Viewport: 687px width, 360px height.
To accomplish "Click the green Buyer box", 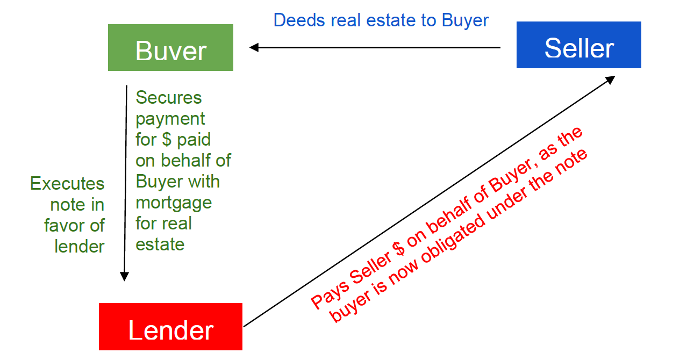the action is [x=170, y=47].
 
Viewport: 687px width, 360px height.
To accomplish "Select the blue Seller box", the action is [x=578, y=45].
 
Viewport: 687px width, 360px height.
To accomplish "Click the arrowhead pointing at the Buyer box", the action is [x=254, y=47].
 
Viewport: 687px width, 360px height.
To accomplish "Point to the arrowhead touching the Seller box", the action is [x=610, y=79].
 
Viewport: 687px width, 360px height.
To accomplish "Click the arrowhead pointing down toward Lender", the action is [x=124, y=276].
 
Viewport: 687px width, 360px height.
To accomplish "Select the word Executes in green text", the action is [x=67, y=184].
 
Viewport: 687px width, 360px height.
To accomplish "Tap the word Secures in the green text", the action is [x=169, y=98].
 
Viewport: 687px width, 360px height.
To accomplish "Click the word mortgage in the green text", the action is [x=174, y=203].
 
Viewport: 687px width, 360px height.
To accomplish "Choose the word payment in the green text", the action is [x=170, y=119].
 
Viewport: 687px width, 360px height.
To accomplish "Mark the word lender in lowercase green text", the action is [x=79, y=247].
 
